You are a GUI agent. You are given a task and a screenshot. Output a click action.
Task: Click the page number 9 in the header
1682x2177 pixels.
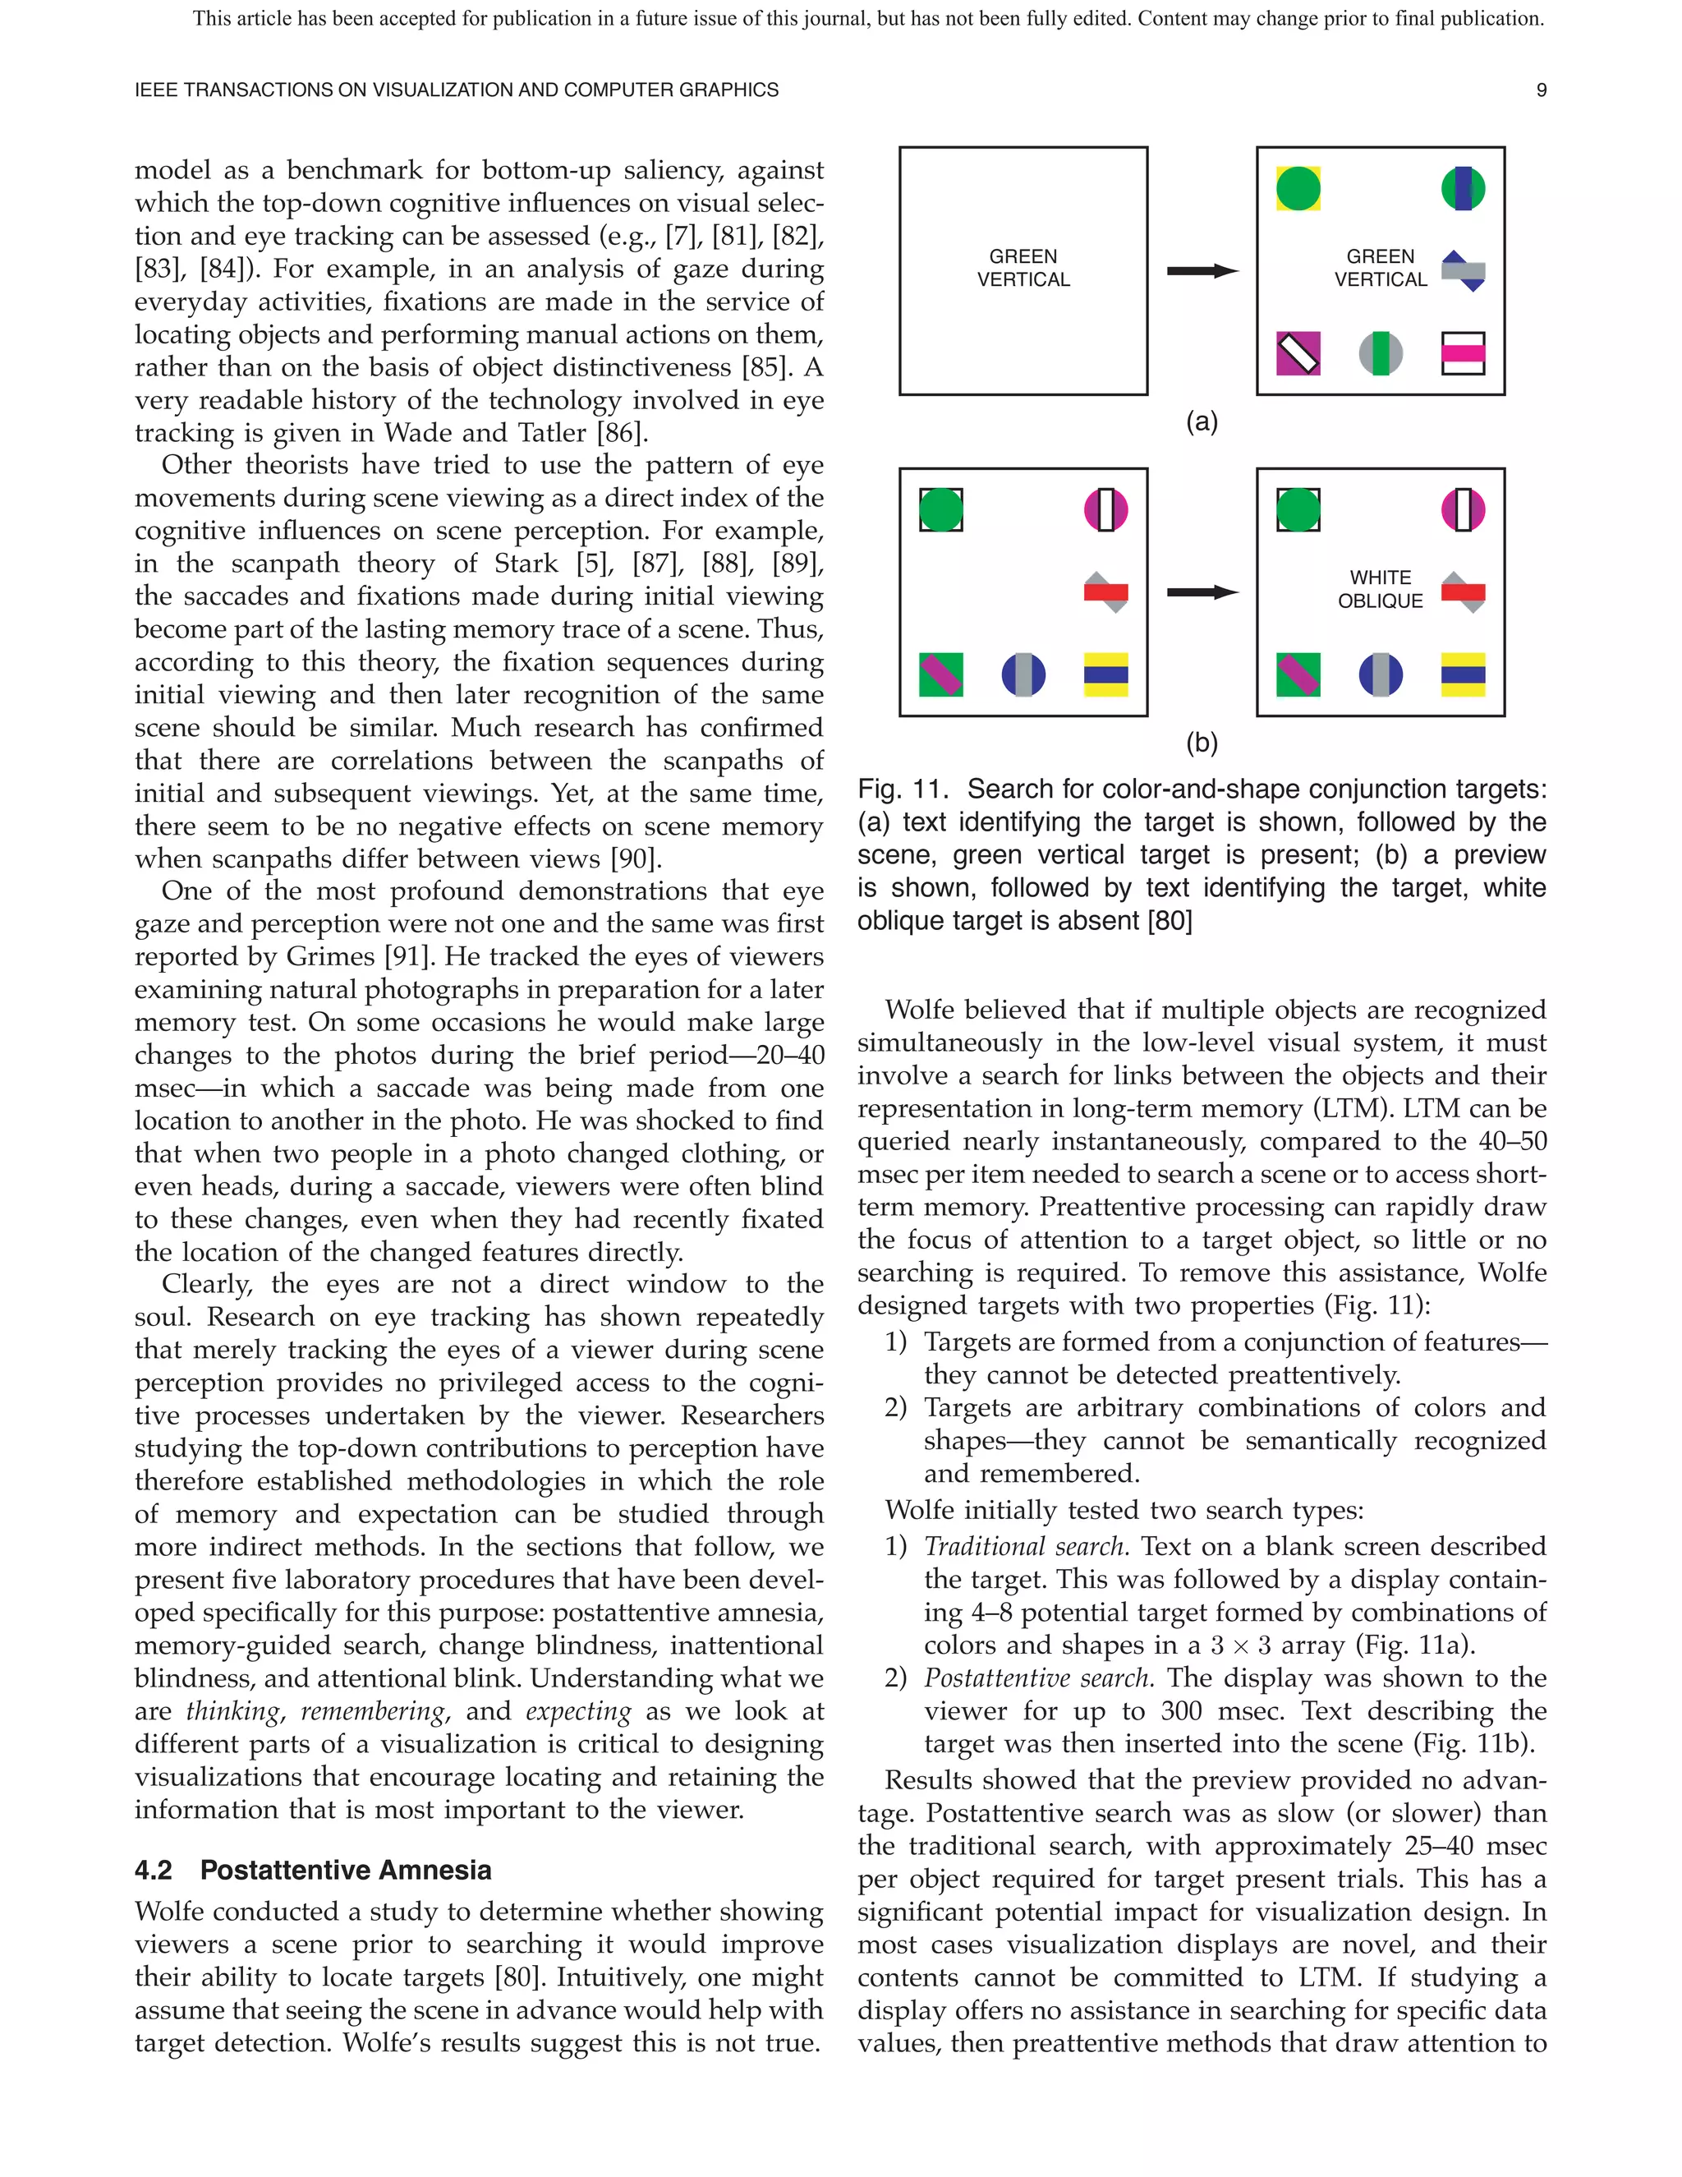click(x=1541, y=90)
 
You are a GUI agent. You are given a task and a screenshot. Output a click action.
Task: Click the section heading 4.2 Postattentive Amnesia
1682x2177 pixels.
click(x=313, y=1870)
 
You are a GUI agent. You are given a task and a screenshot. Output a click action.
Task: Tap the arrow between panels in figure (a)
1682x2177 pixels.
click(x=1202, y=270)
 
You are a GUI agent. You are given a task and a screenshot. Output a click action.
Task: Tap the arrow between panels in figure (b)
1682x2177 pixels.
click(x=1202, y=592)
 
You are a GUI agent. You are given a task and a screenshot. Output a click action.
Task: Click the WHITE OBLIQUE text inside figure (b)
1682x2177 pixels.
click(x=1380, y=589)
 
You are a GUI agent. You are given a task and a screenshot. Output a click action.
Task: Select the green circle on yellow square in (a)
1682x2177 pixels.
click(x=1298, y=188)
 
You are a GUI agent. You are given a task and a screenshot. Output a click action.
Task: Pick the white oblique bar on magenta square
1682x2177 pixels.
click(x=1298, y=353)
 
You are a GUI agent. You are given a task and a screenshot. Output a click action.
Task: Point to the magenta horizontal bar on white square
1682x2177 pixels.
click(x=1463, y=353)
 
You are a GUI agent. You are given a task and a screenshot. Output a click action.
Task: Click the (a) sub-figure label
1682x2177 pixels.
click(x=1202, y=421)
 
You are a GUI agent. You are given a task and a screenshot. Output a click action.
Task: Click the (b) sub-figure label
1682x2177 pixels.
click(x=1202, y=743)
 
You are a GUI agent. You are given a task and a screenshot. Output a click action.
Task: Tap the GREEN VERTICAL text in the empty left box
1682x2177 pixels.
click(x=1023, y=268)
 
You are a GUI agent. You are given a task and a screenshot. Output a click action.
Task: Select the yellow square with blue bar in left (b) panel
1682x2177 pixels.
click(x=1106, y=674)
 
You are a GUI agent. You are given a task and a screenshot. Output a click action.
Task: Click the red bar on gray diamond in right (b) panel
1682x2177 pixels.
click(x=1463, y=592)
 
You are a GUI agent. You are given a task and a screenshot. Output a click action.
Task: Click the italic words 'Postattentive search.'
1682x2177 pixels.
click(x=1038, y=1678)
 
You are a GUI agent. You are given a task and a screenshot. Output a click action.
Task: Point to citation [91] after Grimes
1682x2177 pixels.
click(x=411, y=957)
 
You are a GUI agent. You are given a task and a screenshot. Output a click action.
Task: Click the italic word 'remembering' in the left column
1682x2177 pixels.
click(x=373, y=1711)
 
